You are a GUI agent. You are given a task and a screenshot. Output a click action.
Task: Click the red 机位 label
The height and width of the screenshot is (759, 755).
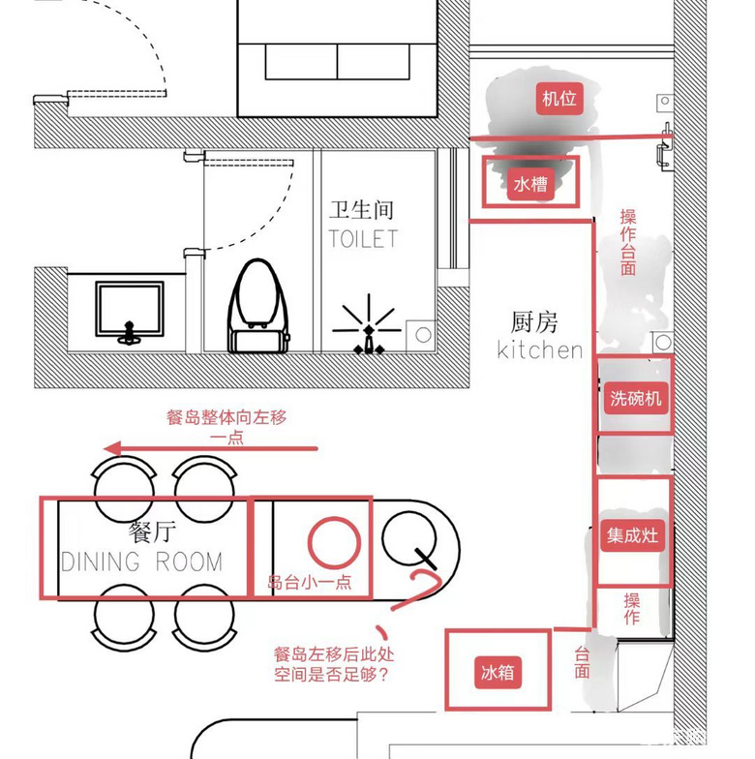[559, 99]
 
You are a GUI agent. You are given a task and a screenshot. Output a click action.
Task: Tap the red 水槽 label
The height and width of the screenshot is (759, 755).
[530, 184]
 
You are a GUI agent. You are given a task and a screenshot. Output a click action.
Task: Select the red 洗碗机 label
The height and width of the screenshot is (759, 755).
[635, 399]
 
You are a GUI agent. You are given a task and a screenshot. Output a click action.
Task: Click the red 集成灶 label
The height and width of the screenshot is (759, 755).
[633, 535]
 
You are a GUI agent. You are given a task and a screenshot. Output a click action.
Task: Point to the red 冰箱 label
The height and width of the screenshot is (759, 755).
[498, 672]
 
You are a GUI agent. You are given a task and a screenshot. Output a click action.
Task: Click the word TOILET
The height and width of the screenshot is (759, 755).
[363, 238]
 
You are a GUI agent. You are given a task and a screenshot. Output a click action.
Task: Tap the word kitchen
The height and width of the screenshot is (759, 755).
[540, 349]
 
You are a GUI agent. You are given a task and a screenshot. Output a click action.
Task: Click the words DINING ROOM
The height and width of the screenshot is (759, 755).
[141, 562]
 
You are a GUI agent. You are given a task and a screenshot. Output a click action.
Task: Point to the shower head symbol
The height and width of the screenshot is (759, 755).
[368, 325]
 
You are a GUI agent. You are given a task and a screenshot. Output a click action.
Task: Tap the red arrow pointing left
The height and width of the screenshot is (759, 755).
[211, 449]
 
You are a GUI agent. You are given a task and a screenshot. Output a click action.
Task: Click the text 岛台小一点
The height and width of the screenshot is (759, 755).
[310, 583]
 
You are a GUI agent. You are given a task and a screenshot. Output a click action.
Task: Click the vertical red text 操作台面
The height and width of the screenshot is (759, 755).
[628, 242]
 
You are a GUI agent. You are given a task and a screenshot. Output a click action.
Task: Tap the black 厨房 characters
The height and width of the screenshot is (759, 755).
[534, 322]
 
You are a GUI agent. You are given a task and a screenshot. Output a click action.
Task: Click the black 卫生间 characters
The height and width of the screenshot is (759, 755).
[362, 211]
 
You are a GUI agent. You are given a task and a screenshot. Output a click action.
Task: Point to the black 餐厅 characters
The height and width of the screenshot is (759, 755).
[152, 532]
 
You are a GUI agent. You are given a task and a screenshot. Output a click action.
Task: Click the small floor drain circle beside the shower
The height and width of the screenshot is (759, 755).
[424, 335]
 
